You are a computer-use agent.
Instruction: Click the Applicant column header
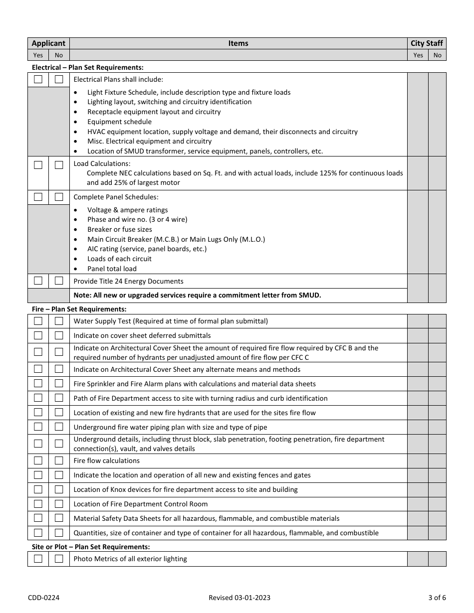(48, 43)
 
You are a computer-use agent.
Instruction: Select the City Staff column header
(427, 43)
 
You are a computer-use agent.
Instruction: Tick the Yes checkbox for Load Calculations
(38, 164)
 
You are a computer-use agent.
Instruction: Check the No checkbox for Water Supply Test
(59, 321)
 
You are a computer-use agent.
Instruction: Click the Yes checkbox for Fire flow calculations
(38, 460)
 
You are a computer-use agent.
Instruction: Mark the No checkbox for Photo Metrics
(59, 559)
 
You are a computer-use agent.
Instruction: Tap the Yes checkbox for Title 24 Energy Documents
(38, 281)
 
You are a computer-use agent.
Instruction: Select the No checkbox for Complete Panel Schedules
(59, 197)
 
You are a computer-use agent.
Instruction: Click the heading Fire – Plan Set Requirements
(79, 309)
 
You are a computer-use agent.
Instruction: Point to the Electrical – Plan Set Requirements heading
(88, 67)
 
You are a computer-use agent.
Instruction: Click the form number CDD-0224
(44, 598)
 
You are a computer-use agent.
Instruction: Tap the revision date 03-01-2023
(239, 598)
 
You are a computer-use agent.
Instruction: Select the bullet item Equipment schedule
(119, 122)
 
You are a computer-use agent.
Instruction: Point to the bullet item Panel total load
(112, 269)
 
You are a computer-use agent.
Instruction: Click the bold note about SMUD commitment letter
(197, 295)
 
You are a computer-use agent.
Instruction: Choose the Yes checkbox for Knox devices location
(38, 489)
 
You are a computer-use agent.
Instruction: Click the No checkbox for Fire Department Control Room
(59, 504)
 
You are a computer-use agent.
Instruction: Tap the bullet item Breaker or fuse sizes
(120, 229)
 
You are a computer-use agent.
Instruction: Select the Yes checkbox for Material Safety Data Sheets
(38, 518)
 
